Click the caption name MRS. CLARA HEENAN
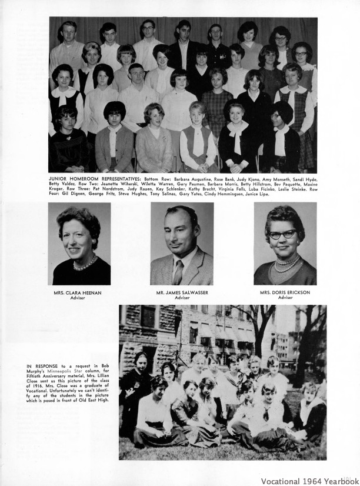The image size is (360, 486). [x=78, y=292]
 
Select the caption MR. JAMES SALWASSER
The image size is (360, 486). [x=182, y=292]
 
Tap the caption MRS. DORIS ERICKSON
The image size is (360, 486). [x=285, y=292]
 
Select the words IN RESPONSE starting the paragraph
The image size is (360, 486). [x=38, y=367]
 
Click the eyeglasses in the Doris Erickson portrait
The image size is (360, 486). [x=284, y=234]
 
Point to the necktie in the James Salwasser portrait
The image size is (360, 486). [x=178, y=271]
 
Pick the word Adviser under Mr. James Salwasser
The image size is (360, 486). [x=182, y=298]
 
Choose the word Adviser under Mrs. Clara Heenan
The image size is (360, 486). [x=78, y=298]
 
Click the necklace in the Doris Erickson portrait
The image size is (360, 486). [x=288, y=262]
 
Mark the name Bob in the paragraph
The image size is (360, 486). [x=105, y=367]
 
